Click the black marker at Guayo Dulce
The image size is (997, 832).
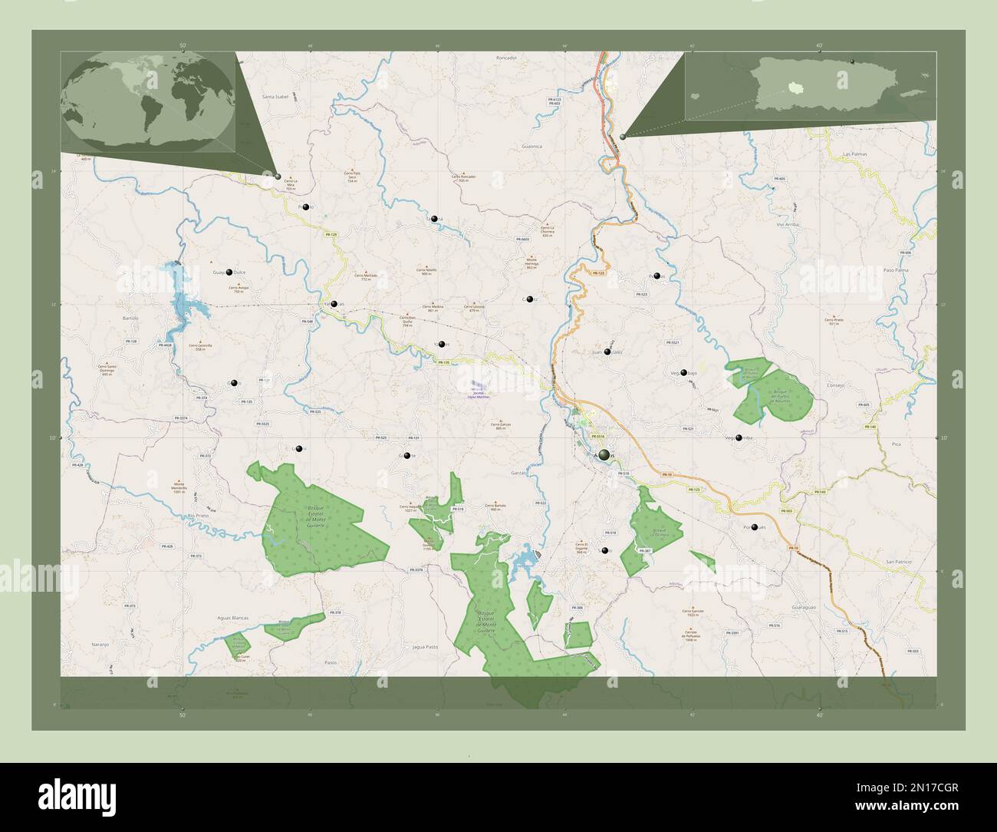pyautogui.click(x=229, y=271)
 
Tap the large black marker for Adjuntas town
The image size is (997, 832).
pyautogui.click(x=606, y=455)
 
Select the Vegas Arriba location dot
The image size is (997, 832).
pyautogui.click(x=739, y=438)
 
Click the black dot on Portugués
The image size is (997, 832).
pyautogui.click(x=755, y=527)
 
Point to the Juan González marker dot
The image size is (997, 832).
pyautogui.click(x=607, y=352)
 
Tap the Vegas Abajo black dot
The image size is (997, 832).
pyautogui.click(x=683, y=373)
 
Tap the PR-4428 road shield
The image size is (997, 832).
pyautogui.click(x=167, y=346)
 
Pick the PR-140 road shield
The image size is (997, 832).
pyautogui.click(x=870, y=427)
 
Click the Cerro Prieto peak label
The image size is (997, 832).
pyautogui.click(x=834, y=319)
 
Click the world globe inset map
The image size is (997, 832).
pyautogui.click(x=150, y=101)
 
